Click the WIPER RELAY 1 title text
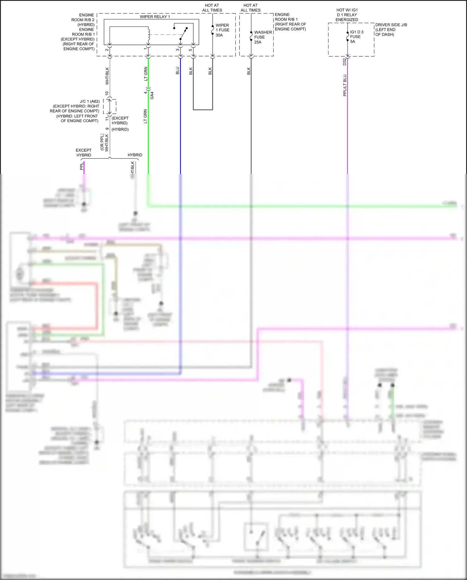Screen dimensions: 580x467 [x=155, y=17]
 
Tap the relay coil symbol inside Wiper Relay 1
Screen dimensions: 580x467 [x=149, y=35]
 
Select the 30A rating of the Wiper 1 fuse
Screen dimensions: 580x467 [x=219, y=35]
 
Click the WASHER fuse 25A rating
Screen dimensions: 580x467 [x=258, y=42]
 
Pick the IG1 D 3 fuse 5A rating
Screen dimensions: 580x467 [x=352, y=41]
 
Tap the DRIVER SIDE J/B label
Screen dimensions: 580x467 [x=391, y=25]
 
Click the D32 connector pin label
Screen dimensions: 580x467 [x=344, y=61]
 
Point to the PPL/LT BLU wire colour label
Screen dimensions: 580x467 [x=345, y=85]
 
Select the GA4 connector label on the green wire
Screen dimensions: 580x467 [x=152, y=95]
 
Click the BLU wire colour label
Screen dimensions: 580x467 [x=177, y=71]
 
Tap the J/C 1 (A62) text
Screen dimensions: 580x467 [x=90, y=101]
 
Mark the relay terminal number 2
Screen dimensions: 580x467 [x=107, y=50]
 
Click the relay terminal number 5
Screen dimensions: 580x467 [x=190, y=50]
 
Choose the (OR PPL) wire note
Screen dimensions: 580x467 [x=102, y=142]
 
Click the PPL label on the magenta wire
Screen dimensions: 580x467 [x=82, y=166]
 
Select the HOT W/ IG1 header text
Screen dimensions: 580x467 [x=347, y=10]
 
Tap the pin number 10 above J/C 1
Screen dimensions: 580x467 [x=107, y=93]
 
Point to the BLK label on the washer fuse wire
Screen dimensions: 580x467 [x=248, y=71]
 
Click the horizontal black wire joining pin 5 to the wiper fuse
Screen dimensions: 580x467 [x=203, y=110]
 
